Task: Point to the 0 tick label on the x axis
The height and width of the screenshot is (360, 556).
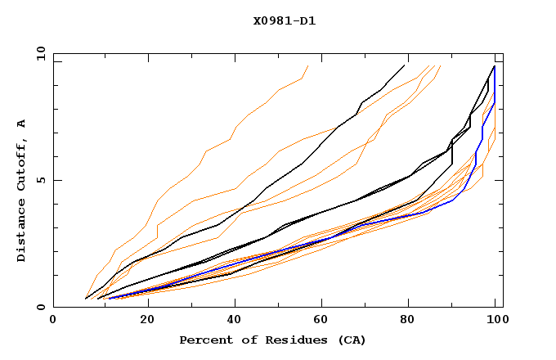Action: pos(53,322)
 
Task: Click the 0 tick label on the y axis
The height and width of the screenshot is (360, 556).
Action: pos(40,308)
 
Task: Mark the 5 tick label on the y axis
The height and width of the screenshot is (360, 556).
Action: pos(40,180)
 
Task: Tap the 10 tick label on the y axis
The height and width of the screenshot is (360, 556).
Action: pos(37,53)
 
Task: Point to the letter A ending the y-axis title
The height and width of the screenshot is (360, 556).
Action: pos(22,123)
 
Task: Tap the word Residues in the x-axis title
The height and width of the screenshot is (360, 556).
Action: pos(291,340)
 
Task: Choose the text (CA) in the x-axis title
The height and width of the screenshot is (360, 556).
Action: pos(352,340)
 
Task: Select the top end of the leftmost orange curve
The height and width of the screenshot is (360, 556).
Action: pos(308,65)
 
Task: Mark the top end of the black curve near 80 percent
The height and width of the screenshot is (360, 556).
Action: pos(405,65)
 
